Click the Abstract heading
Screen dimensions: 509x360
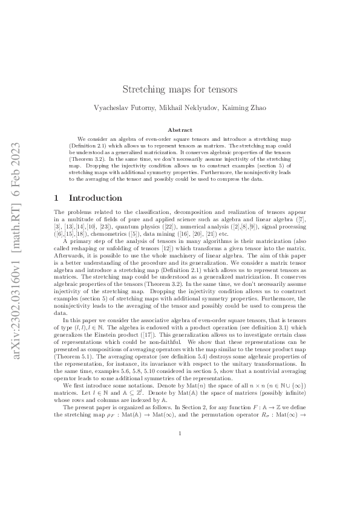pyautogui.click(x=180, y=130)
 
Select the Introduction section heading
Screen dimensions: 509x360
pyautogui.click(x=96, y=198)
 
